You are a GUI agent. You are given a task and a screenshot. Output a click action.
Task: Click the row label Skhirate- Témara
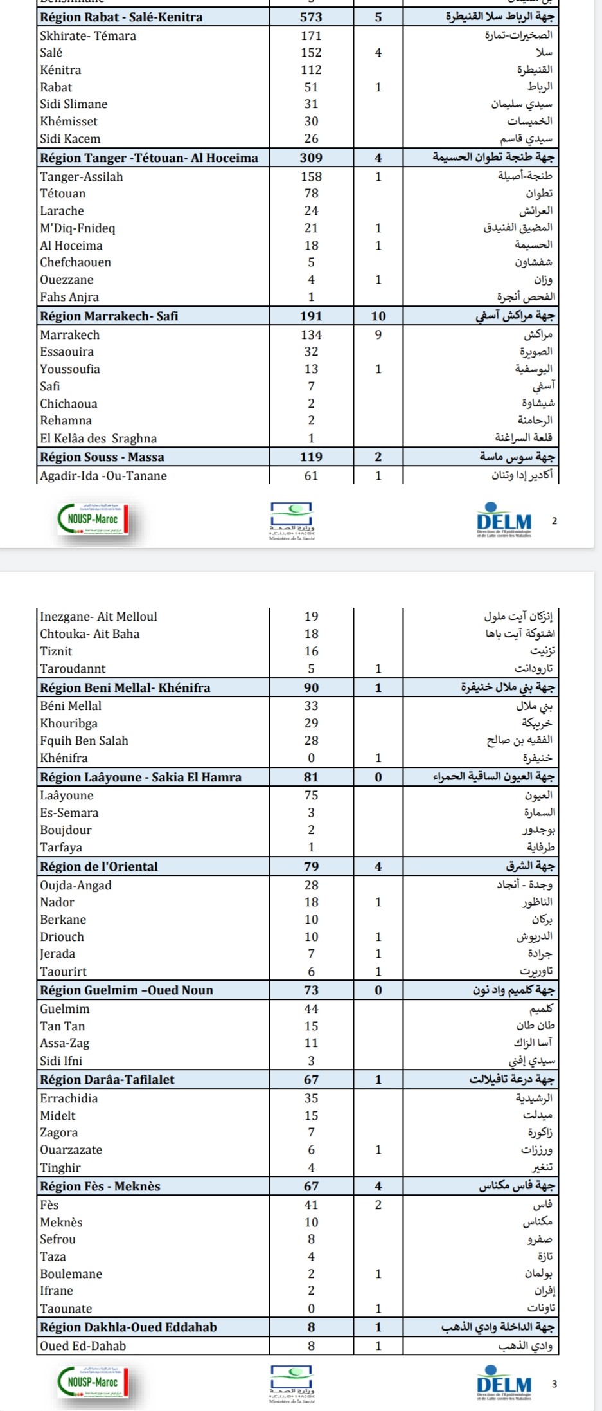[88, 35]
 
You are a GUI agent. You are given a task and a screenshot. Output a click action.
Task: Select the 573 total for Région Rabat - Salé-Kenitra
[311, 17]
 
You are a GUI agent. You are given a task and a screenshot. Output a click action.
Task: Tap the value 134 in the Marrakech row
[311, 334]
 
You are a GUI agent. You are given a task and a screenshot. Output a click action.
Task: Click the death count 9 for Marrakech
[378, 334]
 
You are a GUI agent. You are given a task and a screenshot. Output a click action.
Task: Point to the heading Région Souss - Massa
[102, 457]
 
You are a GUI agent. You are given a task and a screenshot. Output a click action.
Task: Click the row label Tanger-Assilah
[82, 176]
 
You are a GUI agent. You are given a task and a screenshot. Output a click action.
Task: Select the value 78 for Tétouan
[311, 193]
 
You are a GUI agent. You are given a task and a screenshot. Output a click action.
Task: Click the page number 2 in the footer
[554, 521]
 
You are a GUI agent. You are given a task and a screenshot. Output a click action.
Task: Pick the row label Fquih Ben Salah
[84, 740]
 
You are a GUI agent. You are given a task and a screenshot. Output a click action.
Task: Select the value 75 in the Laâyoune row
[311, 795]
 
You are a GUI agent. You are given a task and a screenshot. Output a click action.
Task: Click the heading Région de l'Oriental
[99, 866]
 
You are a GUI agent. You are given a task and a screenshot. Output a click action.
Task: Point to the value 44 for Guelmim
[311, 1008]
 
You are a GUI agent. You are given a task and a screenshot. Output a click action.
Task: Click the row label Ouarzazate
[71, 1149]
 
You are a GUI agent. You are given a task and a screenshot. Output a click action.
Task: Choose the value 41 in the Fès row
[311, 1205]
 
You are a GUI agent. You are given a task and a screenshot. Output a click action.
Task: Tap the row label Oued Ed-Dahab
[83, 1345]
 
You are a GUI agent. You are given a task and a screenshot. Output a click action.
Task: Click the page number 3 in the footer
[554, 1383]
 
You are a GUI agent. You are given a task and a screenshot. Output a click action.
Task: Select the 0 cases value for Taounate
[311, 1308]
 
